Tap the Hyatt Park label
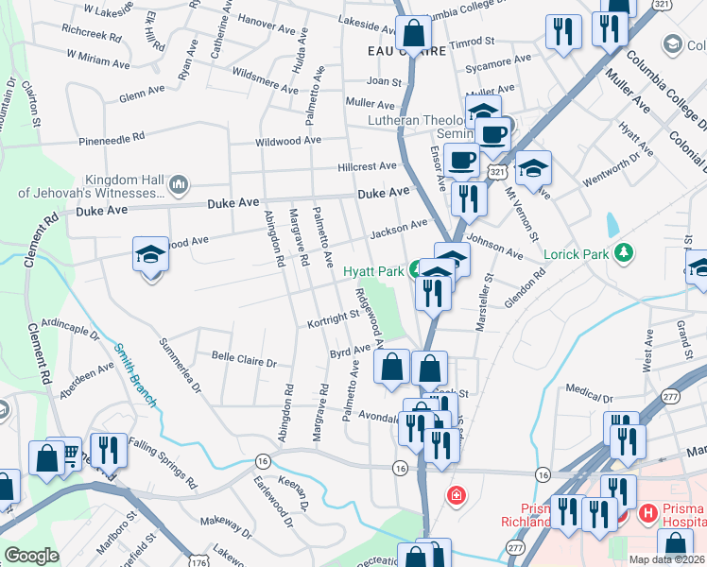(373, 270)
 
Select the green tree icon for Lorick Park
(623, 252)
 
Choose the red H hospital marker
(648, 514)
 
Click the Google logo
(31, 555)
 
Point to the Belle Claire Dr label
(244, 361)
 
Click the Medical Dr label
(590, 388)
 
